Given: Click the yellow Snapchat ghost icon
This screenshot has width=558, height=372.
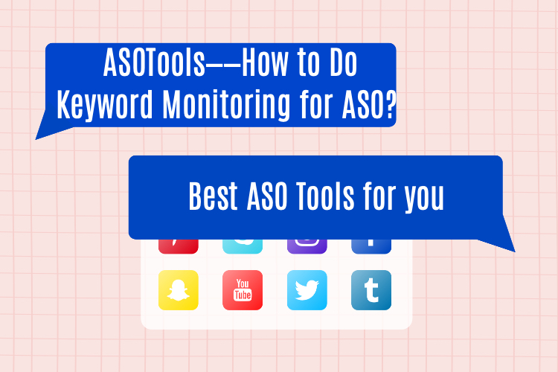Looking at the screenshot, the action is (179, 290).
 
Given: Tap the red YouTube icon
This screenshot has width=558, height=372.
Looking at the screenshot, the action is (243, 290).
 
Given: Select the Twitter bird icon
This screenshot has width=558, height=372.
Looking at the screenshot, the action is (307, 290).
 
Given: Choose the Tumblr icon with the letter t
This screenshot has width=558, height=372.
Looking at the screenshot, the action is (371, 290).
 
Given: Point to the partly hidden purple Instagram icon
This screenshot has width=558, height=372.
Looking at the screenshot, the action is (307, 246).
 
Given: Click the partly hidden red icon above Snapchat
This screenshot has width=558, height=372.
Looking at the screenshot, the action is (179, 246).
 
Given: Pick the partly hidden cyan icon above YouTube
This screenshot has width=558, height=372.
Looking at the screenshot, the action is (243, 246).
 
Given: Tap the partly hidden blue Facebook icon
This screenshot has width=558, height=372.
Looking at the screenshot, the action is (371, 246).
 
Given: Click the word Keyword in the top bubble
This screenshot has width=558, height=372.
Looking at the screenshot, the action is (105, 105).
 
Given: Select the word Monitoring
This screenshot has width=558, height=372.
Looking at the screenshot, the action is (226, 105).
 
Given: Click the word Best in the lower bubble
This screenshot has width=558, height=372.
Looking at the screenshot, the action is (213, 196).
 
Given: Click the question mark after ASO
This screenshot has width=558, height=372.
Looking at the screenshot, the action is (391, 105).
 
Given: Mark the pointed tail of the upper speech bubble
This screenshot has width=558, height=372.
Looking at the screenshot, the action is (36, 139).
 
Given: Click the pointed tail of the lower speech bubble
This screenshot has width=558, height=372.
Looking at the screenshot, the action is (515, 251).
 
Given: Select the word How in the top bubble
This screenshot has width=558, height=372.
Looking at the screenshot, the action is (265, 62).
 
